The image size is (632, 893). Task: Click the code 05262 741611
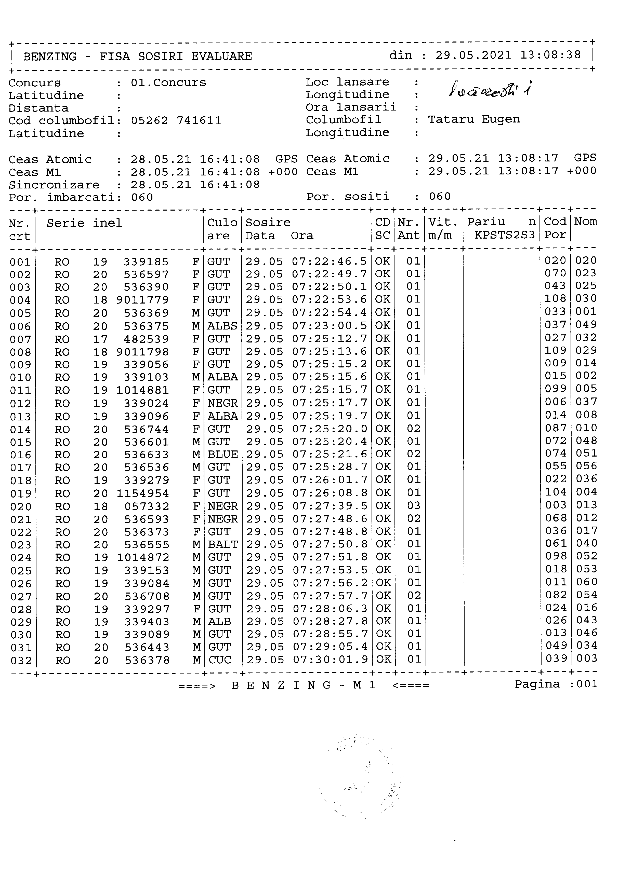pyautogui.click(x=176, y=121)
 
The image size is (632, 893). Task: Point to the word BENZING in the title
pyautogui.click(x=50, y=57)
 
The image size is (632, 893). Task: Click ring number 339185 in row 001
pyautogui.click(x=146, y=262)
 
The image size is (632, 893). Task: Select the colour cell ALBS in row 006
pyautogui.click(x=222, y=326)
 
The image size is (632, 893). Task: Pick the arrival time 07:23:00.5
pyautogui.click(x=330, y=325)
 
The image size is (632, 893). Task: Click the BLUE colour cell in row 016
pyautogui.click(x=222, y=454)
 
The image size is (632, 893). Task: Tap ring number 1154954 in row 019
pyautogui.click(x=143, y=493)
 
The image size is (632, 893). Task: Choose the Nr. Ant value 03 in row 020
pyautogui.click(x=414, y=506)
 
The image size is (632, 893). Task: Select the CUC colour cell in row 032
pyautogui.click(x=220, y=660)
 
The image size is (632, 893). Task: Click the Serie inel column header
pyautogui.click(x=84, y=223)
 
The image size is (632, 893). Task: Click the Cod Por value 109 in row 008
pyautogui.click(x=555, y=351)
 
